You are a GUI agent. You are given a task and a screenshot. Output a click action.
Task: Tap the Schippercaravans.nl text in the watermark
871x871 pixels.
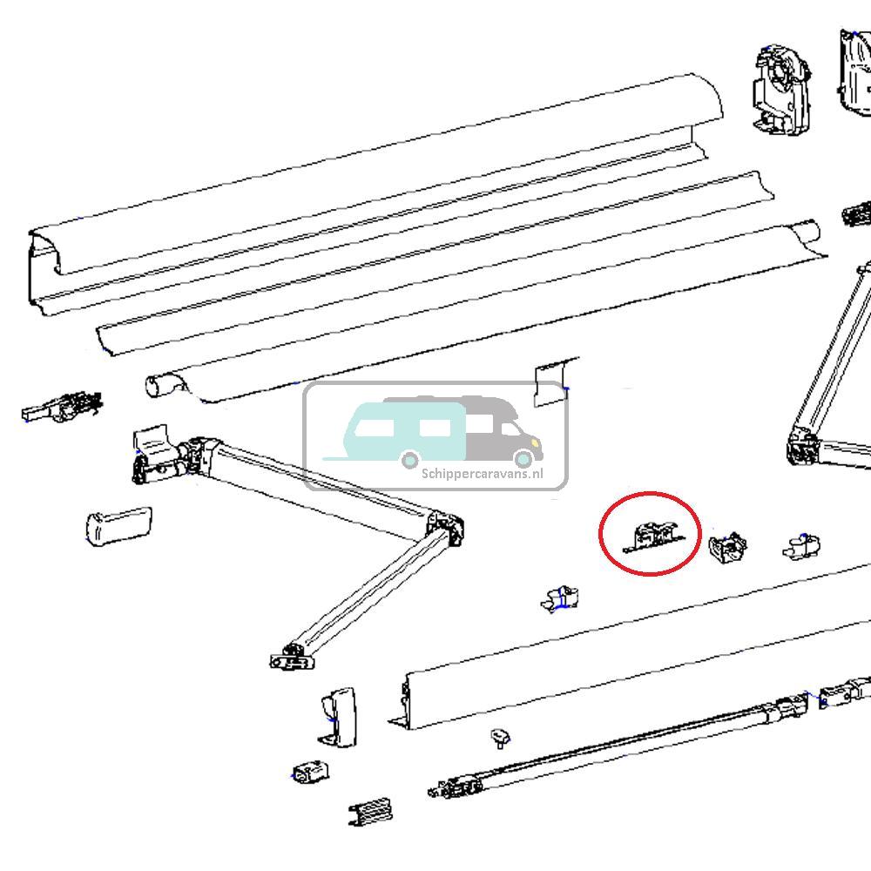pyautogui.click(x=482, y=474)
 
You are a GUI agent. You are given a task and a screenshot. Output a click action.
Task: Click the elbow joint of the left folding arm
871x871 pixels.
pyautogui.click(x=446, y=526)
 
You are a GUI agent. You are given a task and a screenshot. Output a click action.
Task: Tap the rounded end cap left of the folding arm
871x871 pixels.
pyautogui.click(x=118, y=526)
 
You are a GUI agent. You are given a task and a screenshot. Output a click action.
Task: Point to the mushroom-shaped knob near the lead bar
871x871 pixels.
pyautogui.click(x=499, y=739)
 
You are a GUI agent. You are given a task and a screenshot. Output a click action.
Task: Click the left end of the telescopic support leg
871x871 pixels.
pyautogui.click(x=453, y=787)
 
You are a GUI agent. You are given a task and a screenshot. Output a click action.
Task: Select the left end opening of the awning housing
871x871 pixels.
pyautogui.click(x=44, y=266)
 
